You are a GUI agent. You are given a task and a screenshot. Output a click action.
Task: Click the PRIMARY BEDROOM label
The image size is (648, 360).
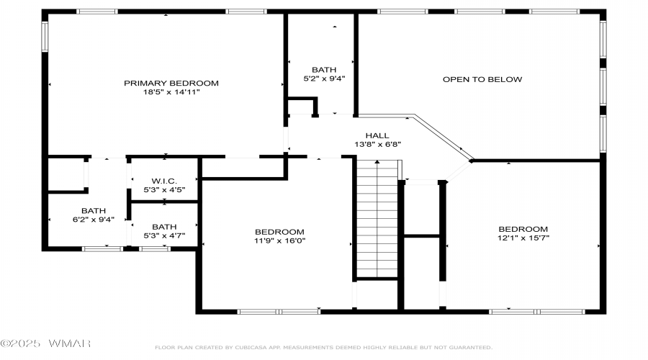(171, 83)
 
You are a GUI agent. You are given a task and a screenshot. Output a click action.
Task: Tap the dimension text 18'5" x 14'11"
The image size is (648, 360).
(171, 91)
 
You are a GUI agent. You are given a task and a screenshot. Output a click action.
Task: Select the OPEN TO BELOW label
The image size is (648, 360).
(482, 79)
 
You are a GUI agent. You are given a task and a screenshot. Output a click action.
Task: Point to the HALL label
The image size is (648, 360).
(377, 135)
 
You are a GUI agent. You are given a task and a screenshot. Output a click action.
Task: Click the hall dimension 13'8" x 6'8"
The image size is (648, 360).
(377, 144)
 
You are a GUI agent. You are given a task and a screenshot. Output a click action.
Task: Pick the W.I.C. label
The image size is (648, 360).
(164, 181)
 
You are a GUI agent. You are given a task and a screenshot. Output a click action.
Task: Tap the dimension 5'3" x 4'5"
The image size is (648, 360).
(164, 189)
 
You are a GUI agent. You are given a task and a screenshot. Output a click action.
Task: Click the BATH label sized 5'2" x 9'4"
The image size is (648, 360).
(324, 70)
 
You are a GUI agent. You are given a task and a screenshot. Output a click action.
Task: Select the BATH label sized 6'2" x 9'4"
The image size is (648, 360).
(94, 211)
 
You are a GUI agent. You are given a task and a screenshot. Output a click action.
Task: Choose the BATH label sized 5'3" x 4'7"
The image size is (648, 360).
(164, 227)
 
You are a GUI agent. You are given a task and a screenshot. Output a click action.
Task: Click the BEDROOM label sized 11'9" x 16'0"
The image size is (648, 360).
(279, 232)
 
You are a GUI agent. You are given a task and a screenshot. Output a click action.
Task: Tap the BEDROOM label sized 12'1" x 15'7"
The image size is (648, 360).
(523, 229)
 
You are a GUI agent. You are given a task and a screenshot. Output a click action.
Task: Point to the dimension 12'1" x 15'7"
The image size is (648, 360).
(523, 238)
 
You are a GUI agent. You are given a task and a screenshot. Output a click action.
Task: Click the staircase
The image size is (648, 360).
(377, 219)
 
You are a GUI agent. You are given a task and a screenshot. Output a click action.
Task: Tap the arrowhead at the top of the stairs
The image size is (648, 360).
(377, 161)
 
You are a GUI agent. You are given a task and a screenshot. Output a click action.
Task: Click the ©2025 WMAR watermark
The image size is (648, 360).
(45, 343)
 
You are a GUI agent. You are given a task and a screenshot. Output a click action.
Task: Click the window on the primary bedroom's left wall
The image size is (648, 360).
(45, 37)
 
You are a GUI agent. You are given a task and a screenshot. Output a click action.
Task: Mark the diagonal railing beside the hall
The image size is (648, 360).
(444, 137)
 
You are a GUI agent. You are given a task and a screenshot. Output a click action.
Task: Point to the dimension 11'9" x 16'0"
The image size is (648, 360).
(279, 240)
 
